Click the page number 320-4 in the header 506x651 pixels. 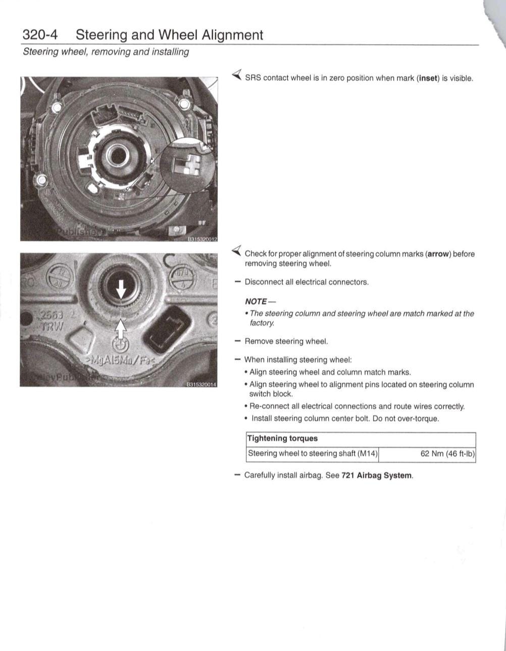tap(40, 35)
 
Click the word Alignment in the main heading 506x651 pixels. tap(232, 35)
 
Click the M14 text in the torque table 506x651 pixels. tap(367, 454)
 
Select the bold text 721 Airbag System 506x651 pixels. tap(377, 475)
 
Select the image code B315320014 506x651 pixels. tap(201, 385)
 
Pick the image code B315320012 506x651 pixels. tap(202, 239)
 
